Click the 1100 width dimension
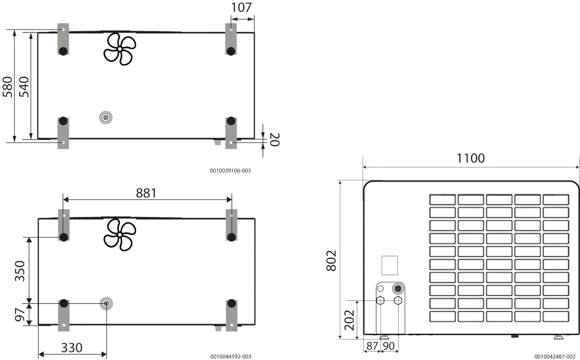pyautogui.click(x=470, y=158)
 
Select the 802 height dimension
pyautogui.click(x=331, y=261)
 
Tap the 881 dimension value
pyautogui.click(x=146, y=193)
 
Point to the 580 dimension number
pyautogui.click(x=7, y=87)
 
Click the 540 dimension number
pyautogui.click(x=24, y=87)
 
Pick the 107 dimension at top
pyautogui.click(x=241, y=7)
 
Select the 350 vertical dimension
pyautogui.click(x=20, y=271)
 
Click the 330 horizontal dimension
pyautogui.click(x=72, y=348)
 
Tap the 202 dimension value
pyautogui.click(x=349, y=320)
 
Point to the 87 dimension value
pyautogui.click(x=372, y=346)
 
